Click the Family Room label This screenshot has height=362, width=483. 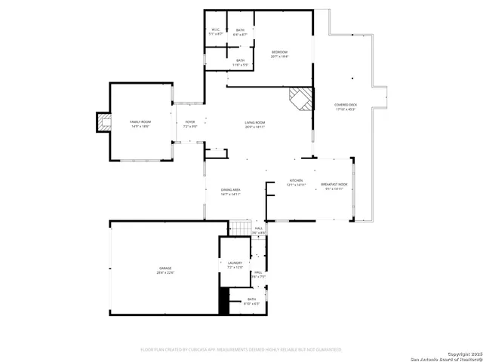point(140,124)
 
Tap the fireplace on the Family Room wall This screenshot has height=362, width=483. point(103,121)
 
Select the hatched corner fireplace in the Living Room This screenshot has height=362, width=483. point(300,98)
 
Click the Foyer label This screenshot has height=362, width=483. point(190,124)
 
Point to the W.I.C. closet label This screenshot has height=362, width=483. point(216,32)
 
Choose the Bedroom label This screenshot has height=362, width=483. point(280,54)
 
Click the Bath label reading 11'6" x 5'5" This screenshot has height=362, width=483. point(240,63)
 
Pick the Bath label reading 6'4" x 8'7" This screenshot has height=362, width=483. point(240,32)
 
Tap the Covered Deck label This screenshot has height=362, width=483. point(346,107)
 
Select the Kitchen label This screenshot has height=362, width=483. point(297,183)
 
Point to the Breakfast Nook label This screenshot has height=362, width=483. point(334,186)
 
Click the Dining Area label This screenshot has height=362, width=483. point(231,192)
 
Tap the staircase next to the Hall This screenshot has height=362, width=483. point(240,227)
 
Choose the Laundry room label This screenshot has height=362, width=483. point(235,265)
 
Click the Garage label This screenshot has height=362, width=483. point(165,270)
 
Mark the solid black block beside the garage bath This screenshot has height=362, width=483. point(223,301)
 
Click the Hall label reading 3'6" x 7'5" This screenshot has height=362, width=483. point(258,275)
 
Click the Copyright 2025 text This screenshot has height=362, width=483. point(458,353)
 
